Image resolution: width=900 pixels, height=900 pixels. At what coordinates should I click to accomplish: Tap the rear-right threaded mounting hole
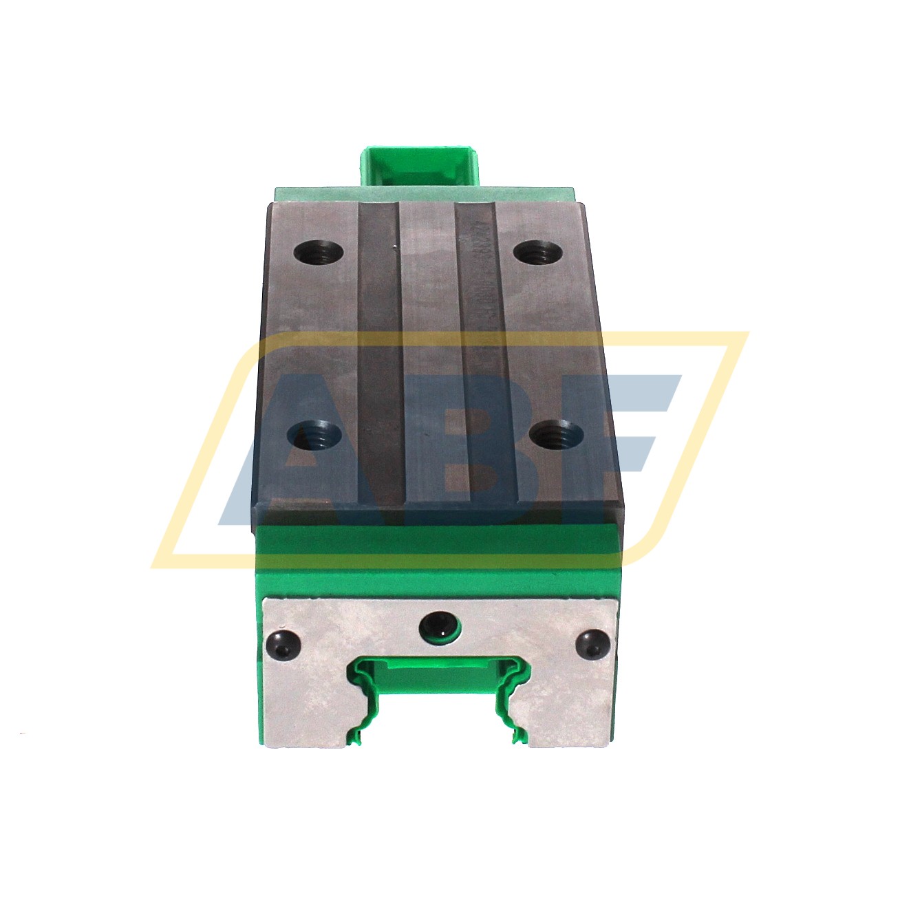tap(539, 253)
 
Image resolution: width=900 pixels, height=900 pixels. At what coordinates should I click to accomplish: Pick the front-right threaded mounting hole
tap(557, 435)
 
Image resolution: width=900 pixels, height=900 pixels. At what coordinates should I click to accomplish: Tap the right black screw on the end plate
tap(592, 645)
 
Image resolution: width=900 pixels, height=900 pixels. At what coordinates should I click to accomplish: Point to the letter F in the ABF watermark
tap(612, 440)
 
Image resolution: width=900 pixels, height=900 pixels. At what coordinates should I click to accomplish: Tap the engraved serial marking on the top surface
tap(486, 289)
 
